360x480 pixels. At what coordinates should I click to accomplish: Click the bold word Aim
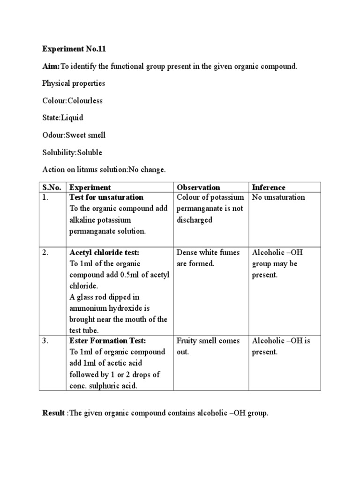point(50,66)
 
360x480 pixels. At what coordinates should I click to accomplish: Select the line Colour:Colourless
point(72,101)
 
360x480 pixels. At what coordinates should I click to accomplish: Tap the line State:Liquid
point(62,118)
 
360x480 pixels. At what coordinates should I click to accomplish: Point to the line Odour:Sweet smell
point(74,135)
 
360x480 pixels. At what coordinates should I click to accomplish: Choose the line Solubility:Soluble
point(72,153)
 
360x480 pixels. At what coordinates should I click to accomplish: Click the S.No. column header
point(52,187)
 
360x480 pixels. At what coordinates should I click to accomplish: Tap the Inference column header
point(269,187)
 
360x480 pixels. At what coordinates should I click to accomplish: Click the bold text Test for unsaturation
point(106,197)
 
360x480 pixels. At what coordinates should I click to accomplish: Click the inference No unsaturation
point(278,197)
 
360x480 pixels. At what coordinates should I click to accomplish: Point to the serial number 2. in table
point(45,253)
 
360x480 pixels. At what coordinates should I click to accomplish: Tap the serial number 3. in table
point(45,341)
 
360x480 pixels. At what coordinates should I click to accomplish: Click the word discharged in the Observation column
point(195,220)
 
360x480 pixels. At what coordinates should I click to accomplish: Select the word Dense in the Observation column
point(187,253)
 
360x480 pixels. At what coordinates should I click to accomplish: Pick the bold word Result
point(54,413)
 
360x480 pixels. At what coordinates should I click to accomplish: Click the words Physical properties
point(74,83)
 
